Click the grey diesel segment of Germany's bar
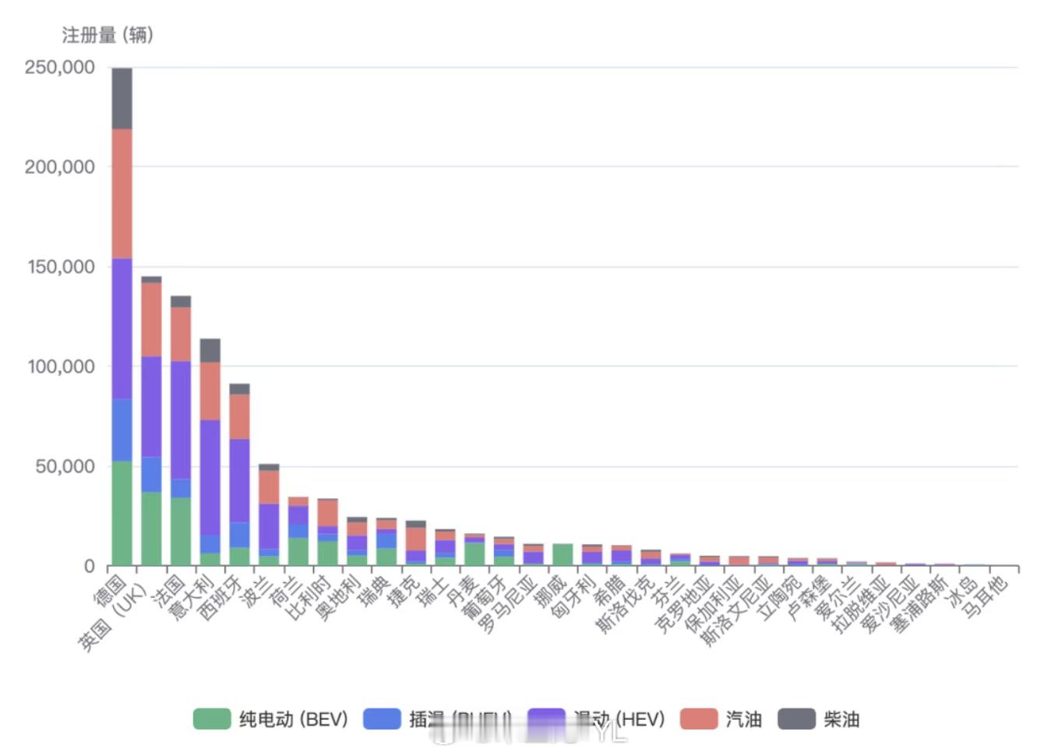click(122, 98)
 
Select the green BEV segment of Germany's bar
click(122, 514)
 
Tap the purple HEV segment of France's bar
click(181, 420)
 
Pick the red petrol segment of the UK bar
click(151, 319)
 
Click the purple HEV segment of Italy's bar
click(210, 477)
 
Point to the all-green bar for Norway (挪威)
click(563, 555)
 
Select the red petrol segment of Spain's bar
click(239, 416)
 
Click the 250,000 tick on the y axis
click(60, 68)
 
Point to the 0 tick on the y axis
click(89, 567)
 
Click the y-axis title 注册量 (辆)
click(108, 35)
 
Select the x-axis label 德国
click(110, 590)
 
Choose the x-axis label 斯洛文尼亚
click(735, 612)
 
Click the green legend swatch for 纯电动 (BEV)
click(212, 718)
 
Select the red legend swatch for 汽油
click(698, 718)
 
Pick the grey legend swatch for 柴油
click(796, 718)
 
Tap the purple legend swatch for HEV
click(545, 718)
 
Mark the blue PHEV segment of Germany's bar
click(122, 430)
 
